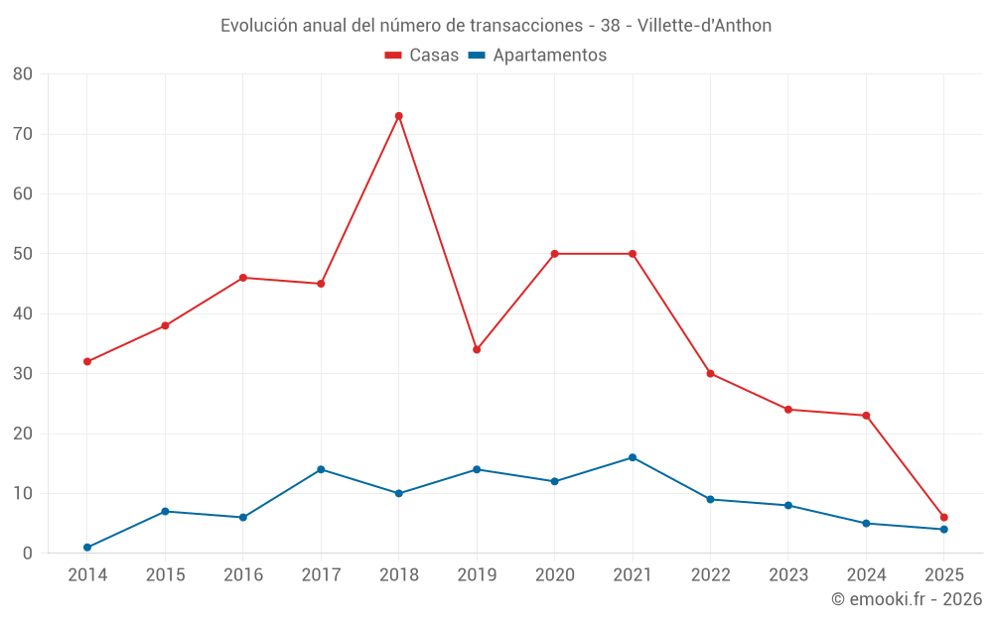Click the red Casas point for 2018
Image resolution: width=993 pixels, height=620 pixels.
(398, 116)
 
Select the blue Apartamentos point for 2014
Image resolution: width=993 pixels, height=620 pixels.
(87, 548)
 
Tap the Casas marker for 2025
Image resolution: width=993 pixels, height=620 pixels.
(943, 518)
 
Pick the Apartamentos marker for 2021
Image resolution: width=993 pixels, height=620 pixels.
(633, 457)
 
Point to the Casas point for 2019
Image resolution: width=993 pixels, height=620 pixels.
(477, 349)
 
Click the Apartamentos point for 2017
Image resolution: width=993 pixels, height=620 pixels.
(321, 469)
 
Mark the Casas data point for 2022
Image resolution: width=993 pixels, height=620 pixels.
(710, 374)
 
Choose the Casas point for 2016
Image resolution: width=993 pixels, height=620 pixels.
(243, 278)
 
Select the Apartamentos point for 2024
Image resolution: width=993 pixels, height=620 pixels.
(866, 524)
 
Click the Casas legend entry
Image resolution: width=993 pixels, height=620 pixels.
(422, 56)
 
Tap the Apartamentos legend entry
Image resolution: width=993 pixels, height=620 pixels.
(537, 56)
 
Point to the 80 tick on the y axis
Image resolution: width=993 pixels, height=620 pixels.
(23, 74)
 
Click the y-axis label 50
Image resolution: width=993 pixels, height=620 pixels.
(23, 254)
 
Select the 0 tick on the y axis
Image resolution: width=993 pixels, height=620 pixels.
(28, 554)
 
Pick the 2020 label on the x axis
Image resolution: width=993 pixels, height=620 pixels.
(555, 575)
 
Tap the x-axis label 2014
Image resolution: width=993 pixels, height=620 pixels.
(87, 575)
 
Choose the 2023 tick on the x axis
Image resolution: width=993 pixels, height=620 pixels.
(788, 575)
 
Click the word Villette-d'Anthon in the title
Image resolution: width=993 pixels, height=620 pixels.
(704, 26)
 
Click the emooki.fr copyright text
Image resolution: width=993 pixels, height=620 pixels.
(906, 599)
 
